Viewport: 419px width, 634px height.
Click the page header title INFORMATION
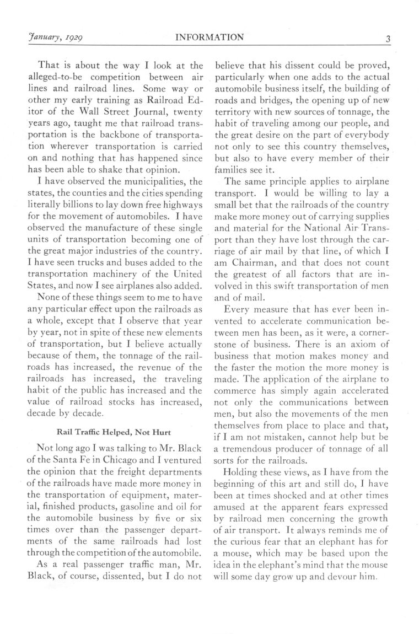(209, 38)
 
